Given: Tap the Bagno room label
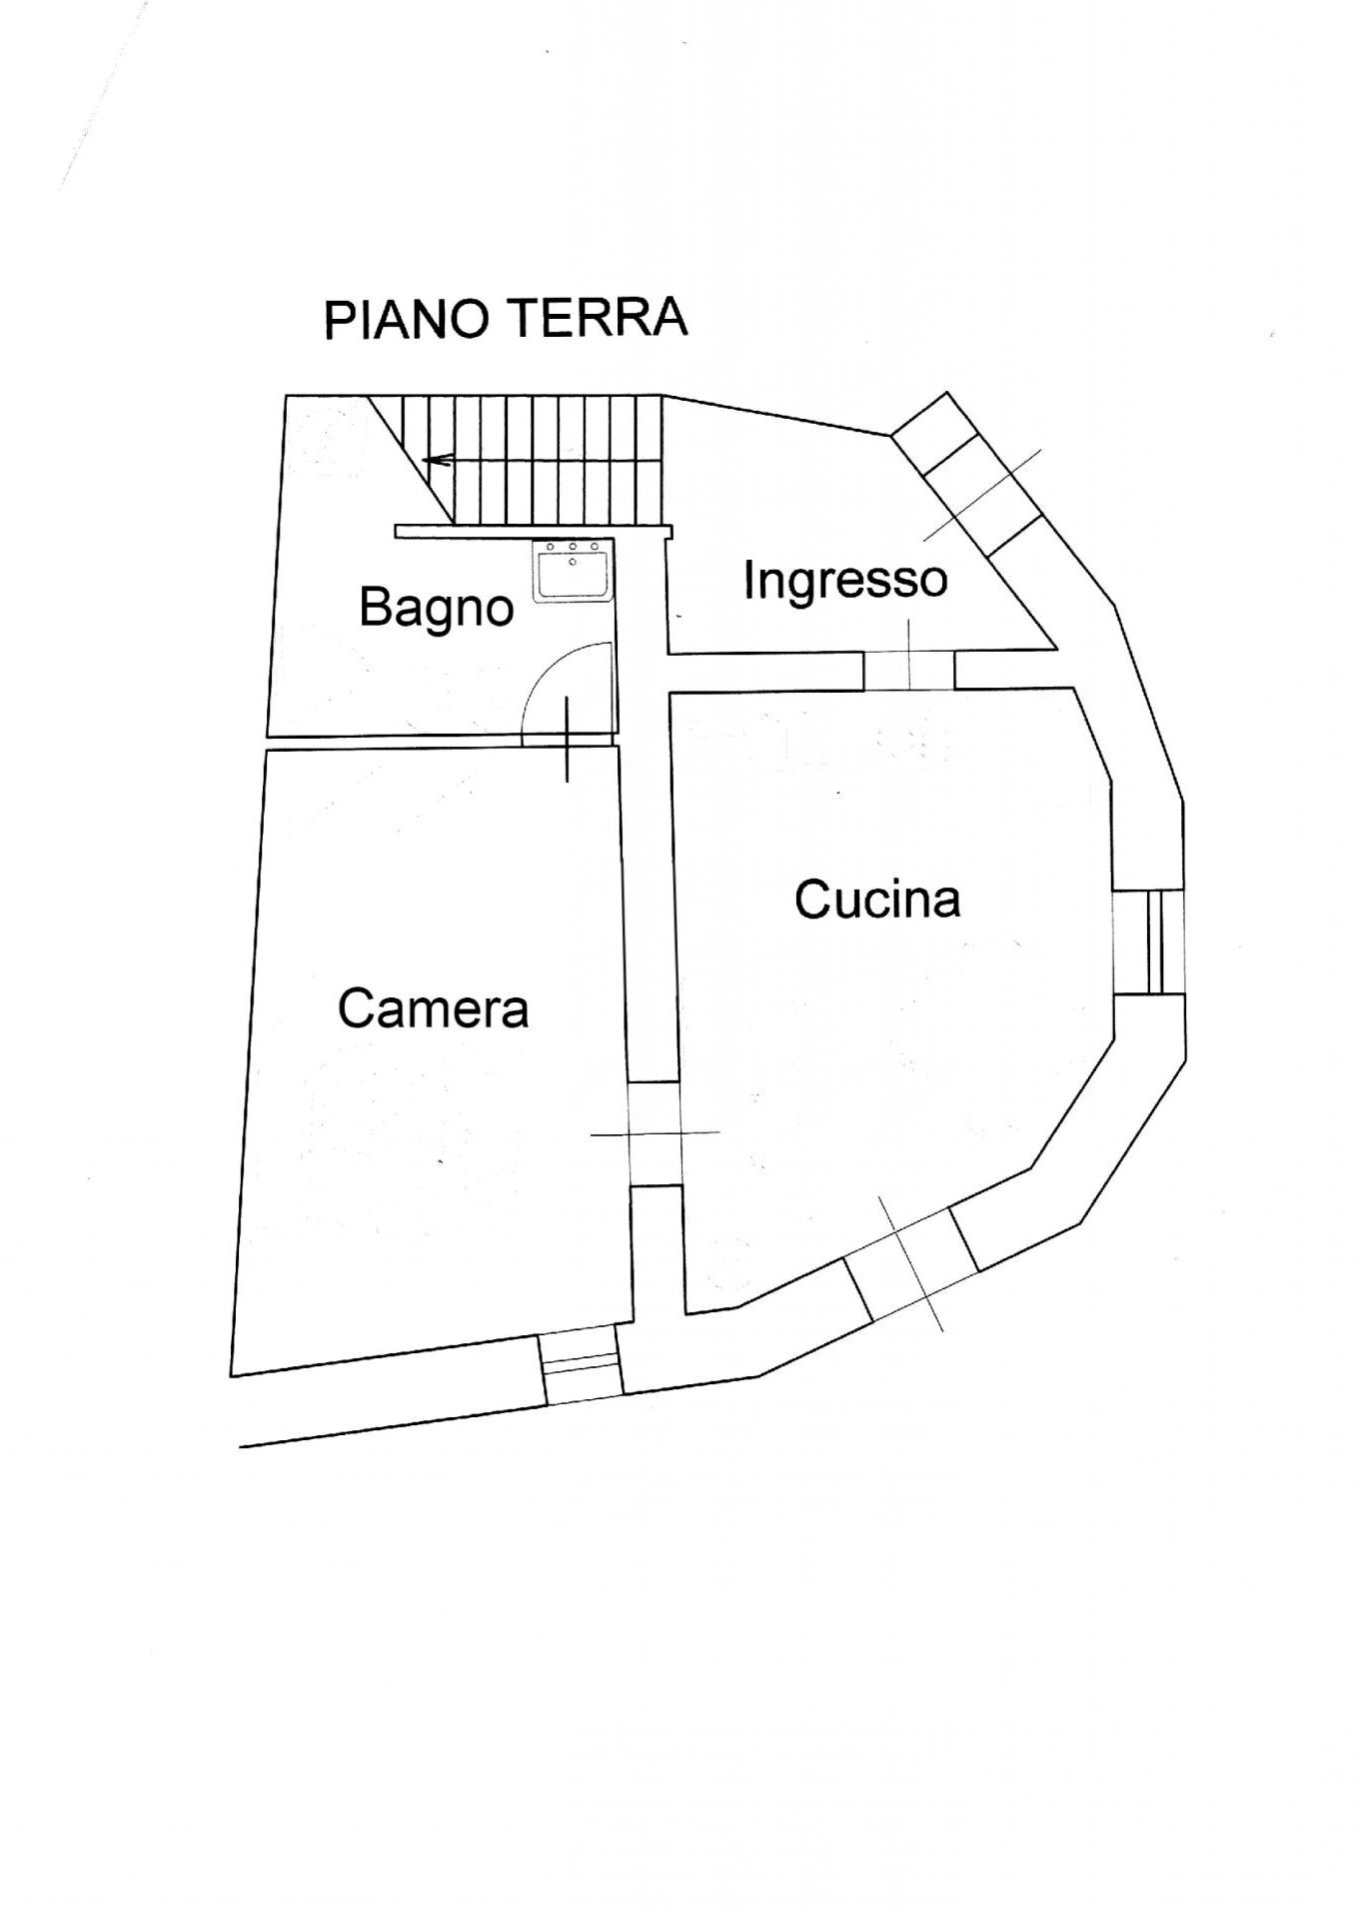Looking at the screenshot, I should point(437,607).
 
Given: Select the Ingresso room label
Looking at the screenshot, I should point(844,579).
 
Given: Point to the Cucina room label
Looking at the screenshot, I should point(877,899).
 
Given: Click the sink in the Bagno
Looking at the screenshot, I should point(573,572).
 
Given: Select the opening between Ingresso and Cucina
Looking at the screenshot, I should point(909,670).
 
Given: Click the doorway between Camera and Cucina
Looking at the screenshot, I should point(655,1133).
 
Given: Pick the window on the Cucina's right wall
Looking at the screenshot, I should point(1149,943).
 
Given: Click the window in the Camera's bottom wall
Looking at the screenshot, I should point(581,1367).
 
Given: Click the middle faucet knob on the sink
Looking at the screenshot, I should point(573,547).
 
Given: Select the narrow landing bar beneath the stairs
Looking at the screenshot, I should point(535,531).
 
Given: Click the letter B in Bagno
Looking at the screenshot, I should point(372,607).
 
